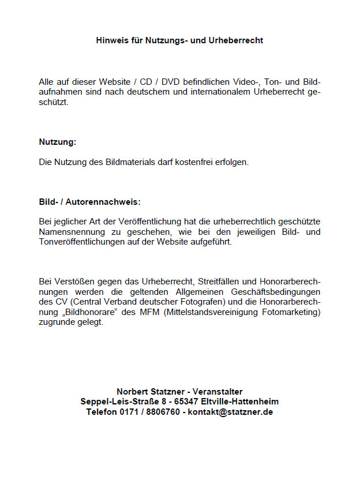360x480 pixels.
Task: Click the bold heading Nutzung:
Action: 57,142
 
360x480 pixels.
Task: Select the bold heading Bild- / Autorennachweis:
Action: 89,202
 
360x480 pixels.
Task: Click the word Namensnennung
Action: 67,232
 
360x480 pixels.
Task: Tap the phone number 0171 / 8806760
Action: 150,412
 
